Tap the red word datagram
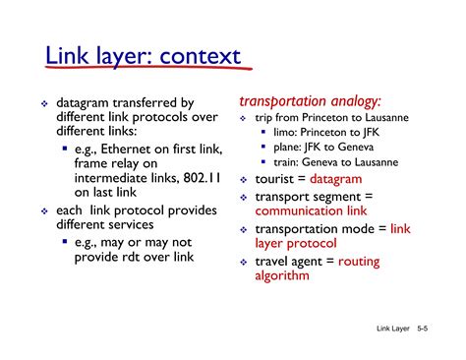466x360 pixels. (x=336, y=180)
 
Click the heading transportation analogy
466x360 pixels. (x=310, y=101)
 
